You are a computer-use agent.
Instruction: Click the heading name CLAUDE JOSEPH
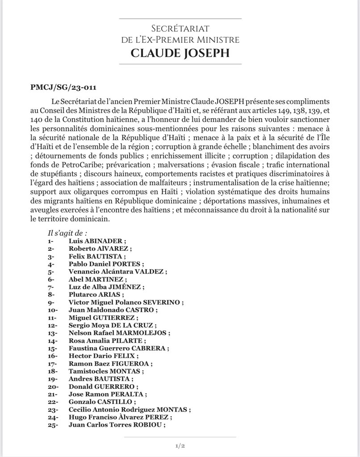(180, 54)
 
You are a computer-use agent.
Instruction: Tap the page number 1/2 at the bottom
(180, 446)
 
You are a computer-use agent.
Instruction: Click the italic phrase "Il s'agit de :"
(67, 233)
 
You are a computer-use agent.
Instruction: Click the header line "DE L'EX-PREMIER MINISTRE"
(180, 40)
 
